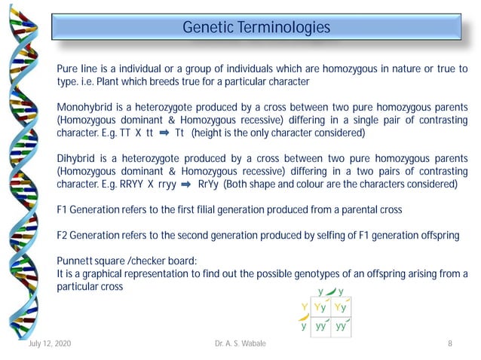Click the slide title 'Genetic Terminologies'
tap(256, 28)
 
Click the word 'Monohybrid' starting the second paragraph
tap(84, 107)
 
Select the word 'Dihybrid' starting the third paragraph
tap(76, 158)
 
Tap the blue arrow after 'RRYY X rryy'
tap(182, 185)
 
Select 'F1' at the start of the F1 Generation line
tap(63, 209)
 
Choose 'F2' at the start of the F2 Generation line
tap(63, 235)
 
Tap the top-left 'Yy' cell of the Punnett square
tap(320, 307)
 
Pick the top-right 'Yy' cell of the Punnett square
tap(341, 307)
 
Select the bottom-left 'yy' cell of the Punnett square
tap(320, 326)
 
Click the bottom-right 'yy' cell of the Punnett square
tap(341, 326)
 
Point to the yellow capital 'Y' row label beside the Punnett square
tap(303, 307)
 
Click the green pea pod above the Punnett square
tap(331, 291)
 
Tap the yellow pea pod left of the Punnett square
tap(303, 317)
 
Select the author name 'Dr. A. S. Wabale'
tap(240, 344)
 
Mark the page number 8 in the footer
tap(449, 344)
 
